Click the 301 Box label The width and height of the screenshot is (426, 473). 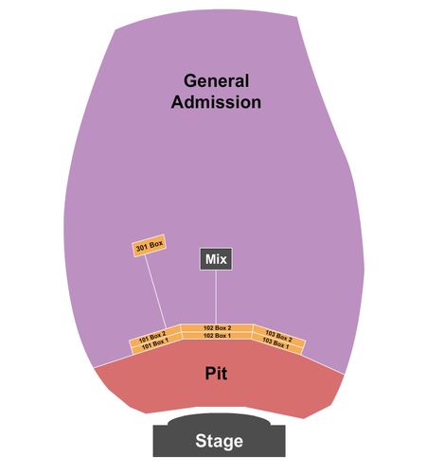coord(149,246)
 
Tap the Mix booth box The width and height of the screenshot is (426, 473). coord(216,259)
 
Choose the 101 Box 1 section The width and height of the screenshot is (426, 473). coord(156,344)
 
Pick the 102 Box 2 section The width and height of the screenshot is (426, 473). coord(217,328)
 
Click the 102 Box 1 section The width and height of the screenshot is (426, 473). coord(217,336)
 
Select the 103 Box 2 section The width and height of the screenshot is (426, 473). coord(279,336)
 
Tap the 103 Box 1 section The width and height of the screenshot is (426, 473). coord(276,343)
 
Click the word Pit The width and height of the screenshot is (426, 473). coord(216,373)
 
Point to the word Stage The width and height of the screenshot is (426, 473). coord(219,441)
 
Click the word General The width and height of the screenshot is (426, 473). coord(217,80)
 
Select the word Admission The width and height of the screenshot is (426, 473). coord(216,102)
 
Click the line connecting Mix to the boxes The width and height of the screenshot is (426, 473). coord(216,297)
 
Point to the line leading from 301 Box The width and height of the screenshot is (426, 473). coord(155,291)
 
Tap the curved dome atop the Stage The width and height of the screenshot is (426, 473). coord(220,419)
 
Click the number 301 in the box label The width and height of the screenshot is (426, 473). coord(142,248)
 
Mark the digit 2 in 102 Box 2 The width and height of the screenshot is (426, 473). coord(229,328)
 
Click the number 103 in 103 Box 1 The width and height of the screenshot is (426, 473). coord(268,341)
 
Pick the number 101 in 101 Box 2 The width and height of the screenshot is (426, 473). coord(144,340)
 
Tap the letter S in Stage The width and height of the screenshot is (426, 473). coord(201,441)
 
